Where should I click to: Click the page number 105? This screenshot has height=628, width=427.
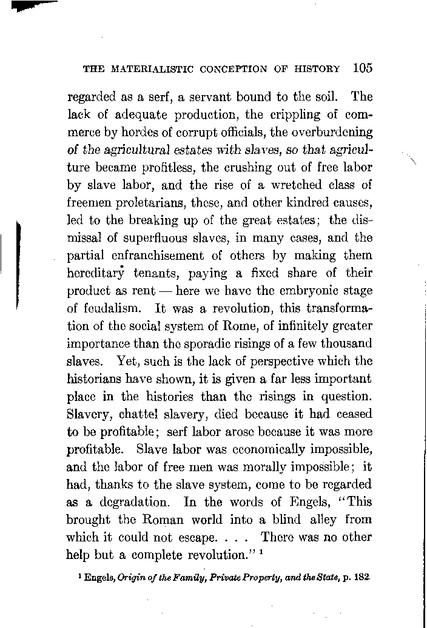(x=361, y=68)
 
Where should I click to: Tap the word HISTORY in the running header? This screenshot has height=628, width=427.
(x=315, y=69)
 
